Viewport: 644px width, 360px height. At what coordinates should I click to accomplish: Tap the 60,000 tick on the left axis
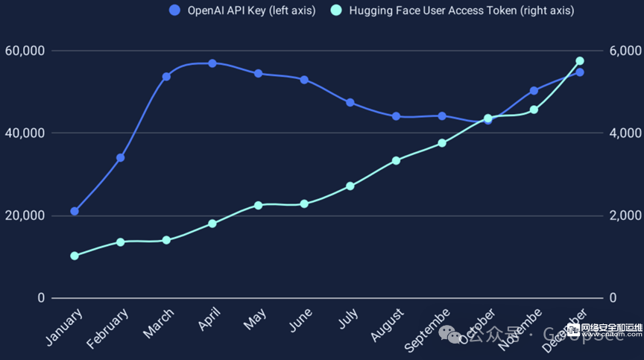(x=25, y=51)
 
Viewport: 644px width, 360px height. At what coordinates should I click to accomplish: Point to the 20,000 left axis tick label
(x=25, y=215)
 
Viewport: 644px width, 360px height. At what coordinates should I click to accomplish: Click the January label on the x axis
(x=65, y=326)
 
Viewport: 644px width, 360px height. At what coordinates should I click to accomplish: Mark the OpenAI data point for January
(x=75, y=211)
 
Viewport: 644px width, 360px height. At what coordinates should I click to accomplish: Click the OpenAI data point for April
(x=212, y=63)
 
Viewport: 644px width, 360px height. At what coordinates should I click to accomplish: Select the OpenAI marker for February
(x=121, y=158)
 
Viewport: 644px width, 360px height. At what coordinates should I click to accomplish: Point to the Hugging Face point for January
(x=75, y=256)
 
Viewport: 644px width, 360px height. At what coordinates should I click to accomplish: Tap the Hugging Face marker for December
(x=580, y=61)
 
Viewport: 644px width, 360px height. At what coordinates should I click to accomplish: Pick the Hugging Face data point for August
(x=396, y=160)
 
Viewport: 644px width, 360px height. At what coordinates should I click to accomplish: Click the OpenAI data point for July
(x=350, y=102)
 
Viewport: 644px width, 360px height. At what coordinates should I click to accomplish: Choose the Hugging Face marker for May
(x=258, y=205)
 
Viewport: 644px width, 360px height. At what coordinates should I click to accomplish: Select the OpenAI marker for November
(x=534, y=91)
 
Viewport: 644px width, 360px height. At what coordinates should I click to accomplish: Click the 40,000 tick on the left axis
(x=25, y=133)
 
